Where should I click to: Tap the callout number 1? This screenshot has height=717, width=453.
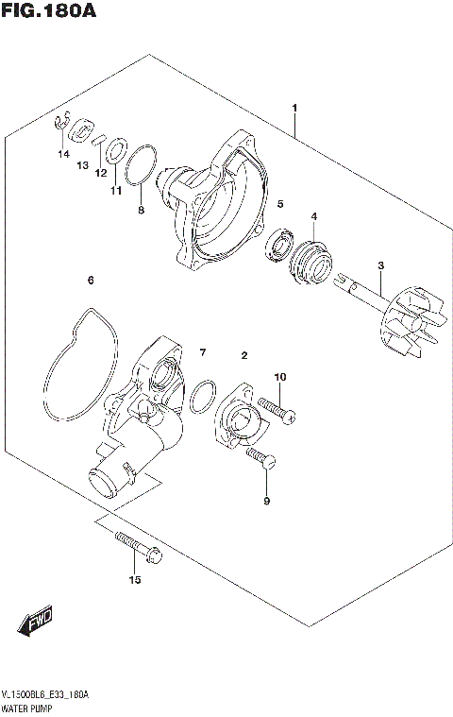coord(294,110)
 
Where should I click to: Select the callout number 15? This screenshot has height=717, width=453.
coord(134,579)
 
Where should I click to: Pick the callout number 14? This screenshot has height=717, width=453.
coord(63,153)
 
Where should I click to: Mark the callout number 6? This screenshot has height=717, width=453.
coord(91,280)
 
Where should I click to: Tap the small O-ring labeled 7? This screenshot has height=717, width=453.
coord(199,401)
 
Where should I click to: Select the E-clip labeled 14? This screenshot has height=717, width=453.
coord(59,122)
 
